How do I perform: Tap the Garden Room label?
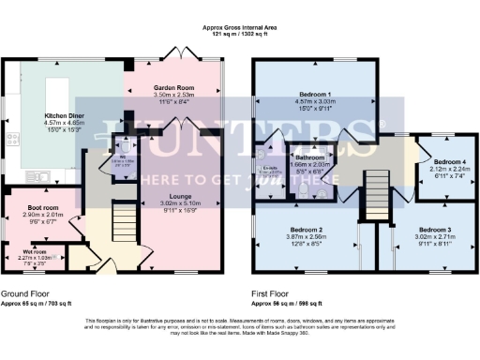click(x=172, y=87)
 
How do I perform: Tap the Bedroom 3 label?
click(x=434, y=230)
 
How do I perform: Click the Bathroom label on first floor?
click(x=309, y=157)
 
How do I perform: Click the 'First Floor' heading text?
click(x=275, y=294)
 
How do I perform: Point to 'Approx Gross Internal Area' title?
click(x=240, y=28)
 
